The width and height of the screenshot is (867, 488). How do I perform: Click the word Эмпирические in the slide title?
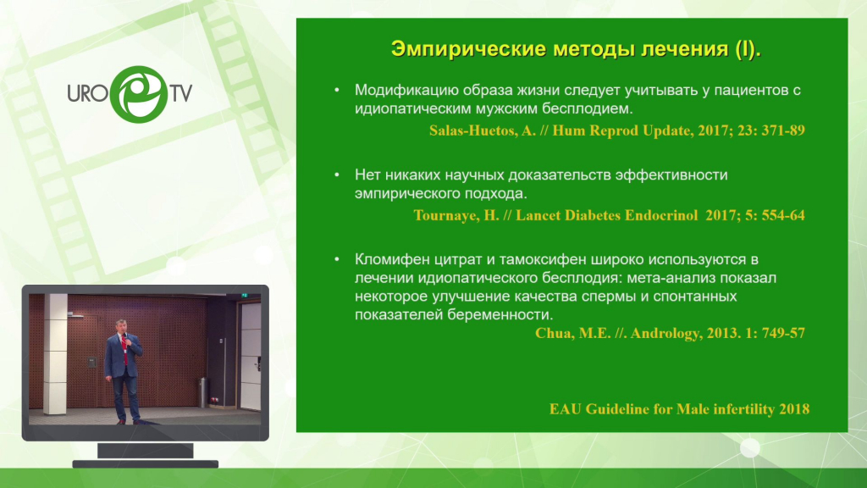469,50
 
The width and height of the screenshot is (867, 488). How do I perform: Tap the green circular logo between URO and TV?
139,94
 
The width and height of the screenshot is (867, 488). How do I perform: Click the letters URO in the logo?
88,93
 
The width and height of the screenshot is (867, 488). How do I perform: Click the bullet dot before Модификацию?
337,90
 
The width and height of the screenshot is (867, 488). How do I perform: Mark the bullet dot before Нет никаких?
337,175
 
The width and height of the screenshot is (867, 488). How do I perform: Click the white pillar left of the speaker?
55,354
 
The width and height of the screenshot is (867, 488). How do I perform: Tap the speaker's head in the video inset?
122,325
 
